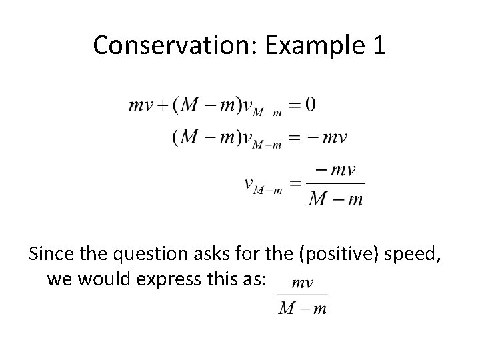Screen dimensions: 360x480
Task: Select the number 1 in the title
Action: click(x=377, y=45)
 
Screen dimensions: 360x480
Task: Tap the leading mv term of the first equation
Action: click(x=141, y=105)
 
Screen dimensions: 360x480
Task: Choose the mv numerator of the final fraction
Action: click(x=303, y=283)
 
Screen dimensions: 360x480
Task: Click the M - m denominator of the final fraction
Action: click(x=303, y=309)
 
